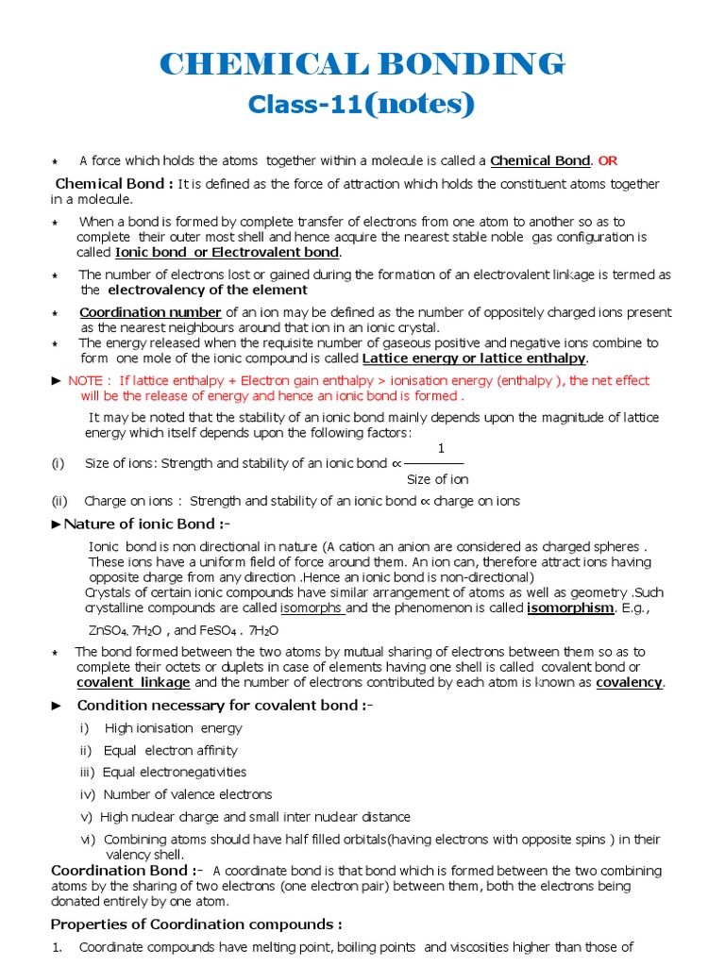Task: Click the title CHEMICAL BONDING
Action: click(x=362, y=64)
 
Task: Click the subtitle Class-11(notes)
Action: click(x=362, y=105)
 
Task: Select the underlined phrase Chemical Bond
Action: click(x=540, y=160)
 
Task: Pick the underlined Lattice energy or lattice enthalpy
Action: click(x=475, y=358)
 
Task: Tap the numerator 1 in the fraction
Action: click(x=441, y=448)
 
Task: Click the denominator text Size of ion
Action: click(x=437, y=479)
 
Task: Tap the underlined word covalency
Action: click(x=630, y=682)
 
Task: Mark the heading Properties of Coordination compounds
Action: click(x=196, y=924)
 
